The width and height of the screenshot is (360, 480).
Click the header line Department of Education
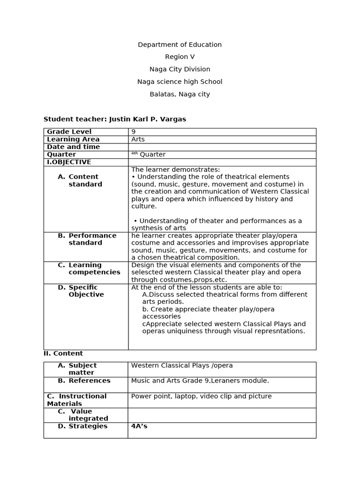point(180,45)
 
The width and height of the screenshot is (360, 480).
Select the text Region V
point(180,57)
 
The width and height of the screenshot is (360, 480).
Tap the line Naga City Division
point(180,69)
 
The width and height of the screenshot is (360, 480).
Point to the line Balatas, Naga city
point(180,94)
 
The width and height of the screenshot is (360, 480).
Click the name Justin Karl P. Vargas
point(147,119)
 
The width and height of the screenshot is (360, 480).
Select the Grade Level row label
point(69,132)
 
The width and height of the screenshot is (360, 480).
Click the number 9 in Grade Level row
point(134,132)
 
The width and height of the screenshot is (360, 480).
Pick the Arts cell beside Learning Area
point(138,139)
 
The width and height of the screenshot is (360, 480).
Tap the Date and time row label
point(73,147)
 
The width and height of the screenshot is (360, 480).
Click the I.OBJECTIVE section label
point(69,162)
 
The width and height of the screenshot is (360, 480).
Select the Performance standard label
point(92,239)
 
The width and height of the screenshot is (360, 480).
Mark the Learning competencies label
point(94,269)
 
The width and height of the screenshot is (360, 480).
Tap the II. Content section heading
point(63,353)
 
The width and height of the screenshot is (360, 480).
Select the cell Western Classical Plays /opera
point(182,365)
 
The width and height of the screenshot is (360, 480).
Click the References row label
point(89,381)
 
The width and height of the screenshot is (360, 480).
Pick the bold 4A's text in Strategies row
point(139,426)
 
